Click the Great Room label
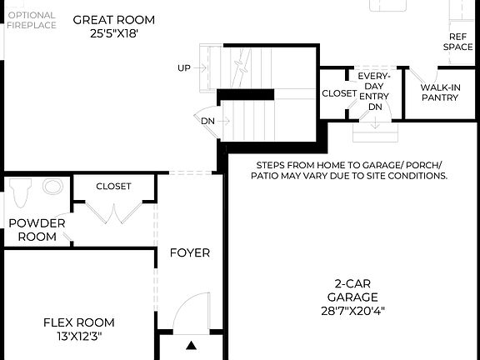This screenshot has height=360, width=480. (x=113, y=19)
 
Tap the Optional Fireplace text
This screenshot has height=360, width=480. (x=32, y=20)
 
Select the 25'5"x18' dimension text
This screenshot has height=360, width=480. (x=113, y=33)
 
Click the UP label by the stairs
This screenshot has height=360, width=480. (x=184, y=67)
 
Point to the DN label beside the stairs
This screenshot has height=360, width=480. (x=207, y=120)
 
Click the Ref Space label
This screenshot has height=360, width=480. (x=460, y=42)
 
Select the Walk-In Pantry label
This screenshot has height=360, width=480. (x=439, y=92)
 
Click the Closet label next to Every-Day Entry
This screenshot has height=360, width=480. (x=339, y=93)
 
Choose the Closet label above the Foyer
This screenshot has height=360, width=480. (x=113, y=186)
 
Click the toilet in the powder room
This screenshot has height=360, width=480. (x=22, y=192)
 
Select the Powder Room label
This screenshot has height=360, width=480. (x=33, y=230)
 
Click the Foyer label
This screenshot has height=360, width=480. (x=190, y=252)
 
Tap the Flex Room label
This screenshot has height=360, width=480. (x=79, y=322)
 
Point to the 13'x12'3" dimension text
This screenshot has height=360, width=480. (x=79, y=337)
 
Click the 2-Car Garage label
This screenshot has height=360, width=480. (x=352, y=289)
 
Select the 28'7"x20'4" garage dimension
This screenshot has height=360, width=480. (x=352, y=311)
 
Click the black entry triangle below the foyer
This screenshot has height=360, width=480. (x=192, y=345)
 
